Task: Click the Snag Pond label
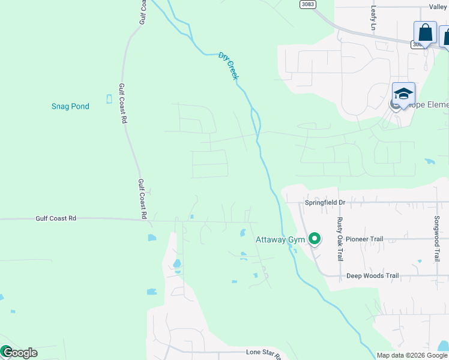pos(70,106)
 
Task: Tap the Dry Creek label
pos(229,66)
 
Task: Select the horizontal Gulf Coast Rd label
pos(56,218)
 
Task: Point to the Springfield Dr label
pos(325,203)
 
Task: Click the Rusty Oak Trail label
pos(340,239)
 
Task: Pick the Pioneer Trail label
pos(364,239)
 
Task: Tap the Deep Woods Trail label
pos(372,276)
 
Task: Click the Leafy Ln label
pos(373,19)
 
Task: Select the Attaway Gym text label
pos(280,239)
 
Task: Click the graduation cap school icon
pos(404,94)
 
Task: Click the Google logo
pos(19,353)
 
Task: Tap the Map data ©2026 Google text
pos(412,355)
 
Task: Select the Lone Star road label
pos(264,352)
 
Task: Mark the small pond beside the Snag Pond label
pos(109,98)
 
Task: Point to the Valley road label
pos(438,7)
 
